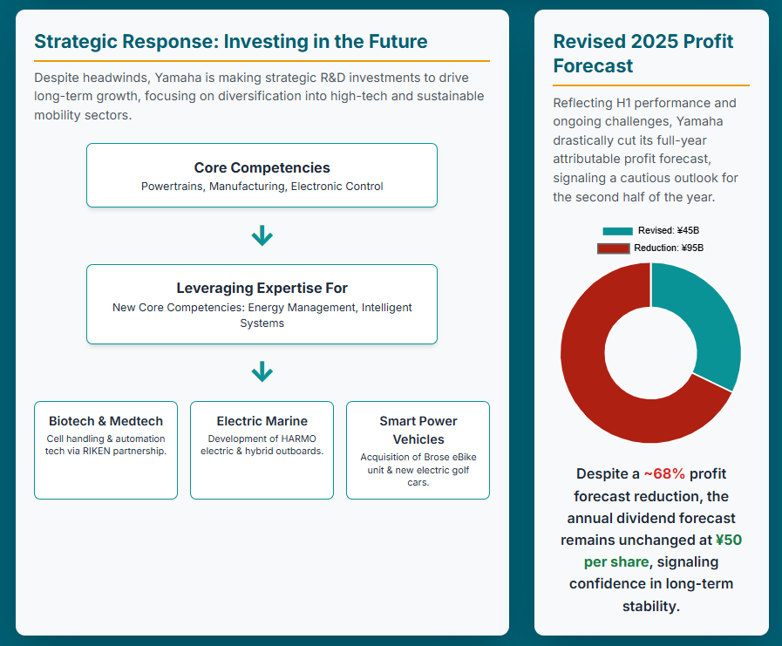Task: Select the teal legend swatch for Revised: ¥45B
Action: coord(617,231)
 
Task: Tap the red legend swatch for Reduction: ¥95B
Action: coord(614,248)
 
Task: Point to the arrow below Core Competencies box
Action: coord(262,235)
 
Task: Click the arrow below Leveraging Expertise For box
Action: coord(262,371)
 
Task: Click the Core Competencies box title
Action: coord(262,167)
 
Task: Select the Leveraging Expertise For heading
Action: coord(262,289)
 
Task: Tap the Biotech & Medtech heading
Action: coord(105,421)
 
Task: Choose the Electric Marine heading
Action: coord(262,421)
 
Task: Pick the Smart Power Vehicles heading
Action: coord(418,430)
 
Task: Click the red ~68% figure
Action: coord(664,474)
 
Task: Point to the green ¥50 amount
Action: coord(729,541)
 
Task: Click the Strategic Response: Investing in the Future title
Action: coord(231,41)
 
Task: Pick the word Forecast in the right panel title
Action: coord(593,66)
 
